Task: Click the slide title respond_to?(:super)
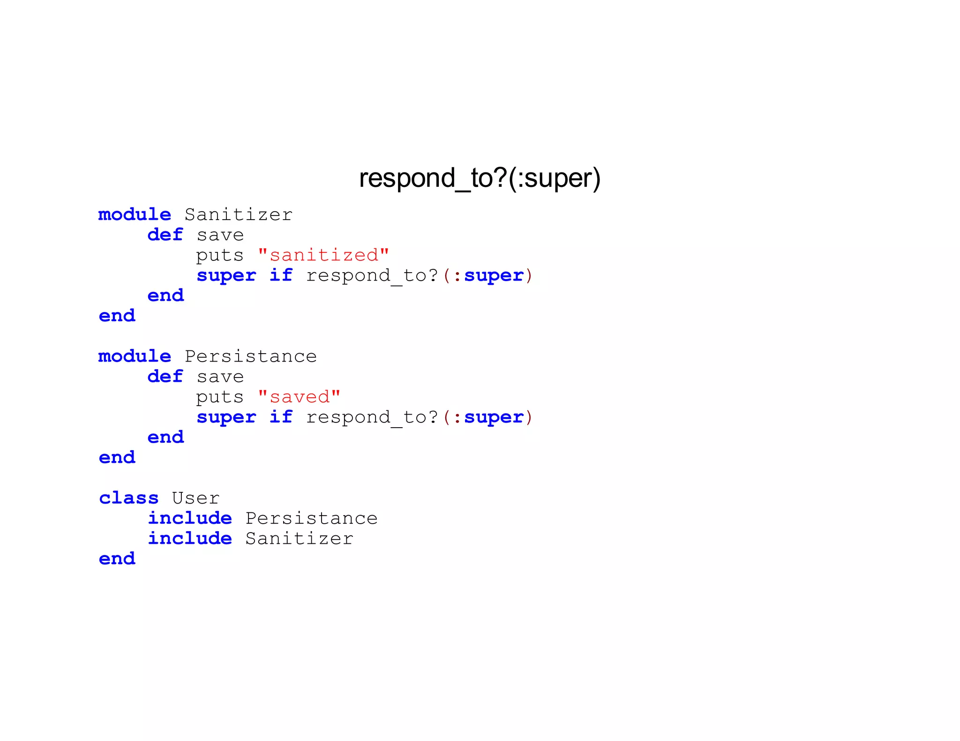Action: (x=480, y=178)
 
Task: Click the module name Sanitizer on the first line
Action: (x=238, y=215)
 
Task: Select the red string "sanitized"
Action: (x=323, y=255)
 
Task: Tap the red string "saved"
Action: (x=299, y=397)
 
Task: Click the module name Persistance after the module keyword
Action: (x=250, y=356)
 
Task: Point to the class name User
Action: (x=195, y=498)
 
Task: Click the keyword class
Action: (x=128, y=498)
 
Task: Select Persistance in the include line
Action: (x=311, y=519)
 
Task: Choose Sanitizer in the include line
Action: (x=299, y=539)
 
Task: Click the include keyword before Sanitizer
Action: (x=190, y=539)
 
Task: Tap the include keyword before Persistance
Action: (x=190, y=519)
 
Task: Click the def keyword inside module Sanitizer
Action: (x=165, y=235)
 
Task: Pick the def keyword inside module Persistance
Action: (x=165, y=377)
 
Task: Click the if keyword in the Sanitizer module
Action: (x=281, y=275)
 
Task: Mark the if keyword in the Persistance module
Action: (x=281, y=417)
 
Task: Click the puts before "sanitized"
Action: (x=220, y=256)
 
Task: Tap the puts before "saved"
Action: (x=220, y=398)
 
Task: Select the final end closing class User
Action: (x=117, y=559)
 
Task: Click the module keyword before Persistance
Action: (x=135, y=356)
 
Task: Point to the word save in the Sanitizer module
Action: (x=220, y=235)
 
